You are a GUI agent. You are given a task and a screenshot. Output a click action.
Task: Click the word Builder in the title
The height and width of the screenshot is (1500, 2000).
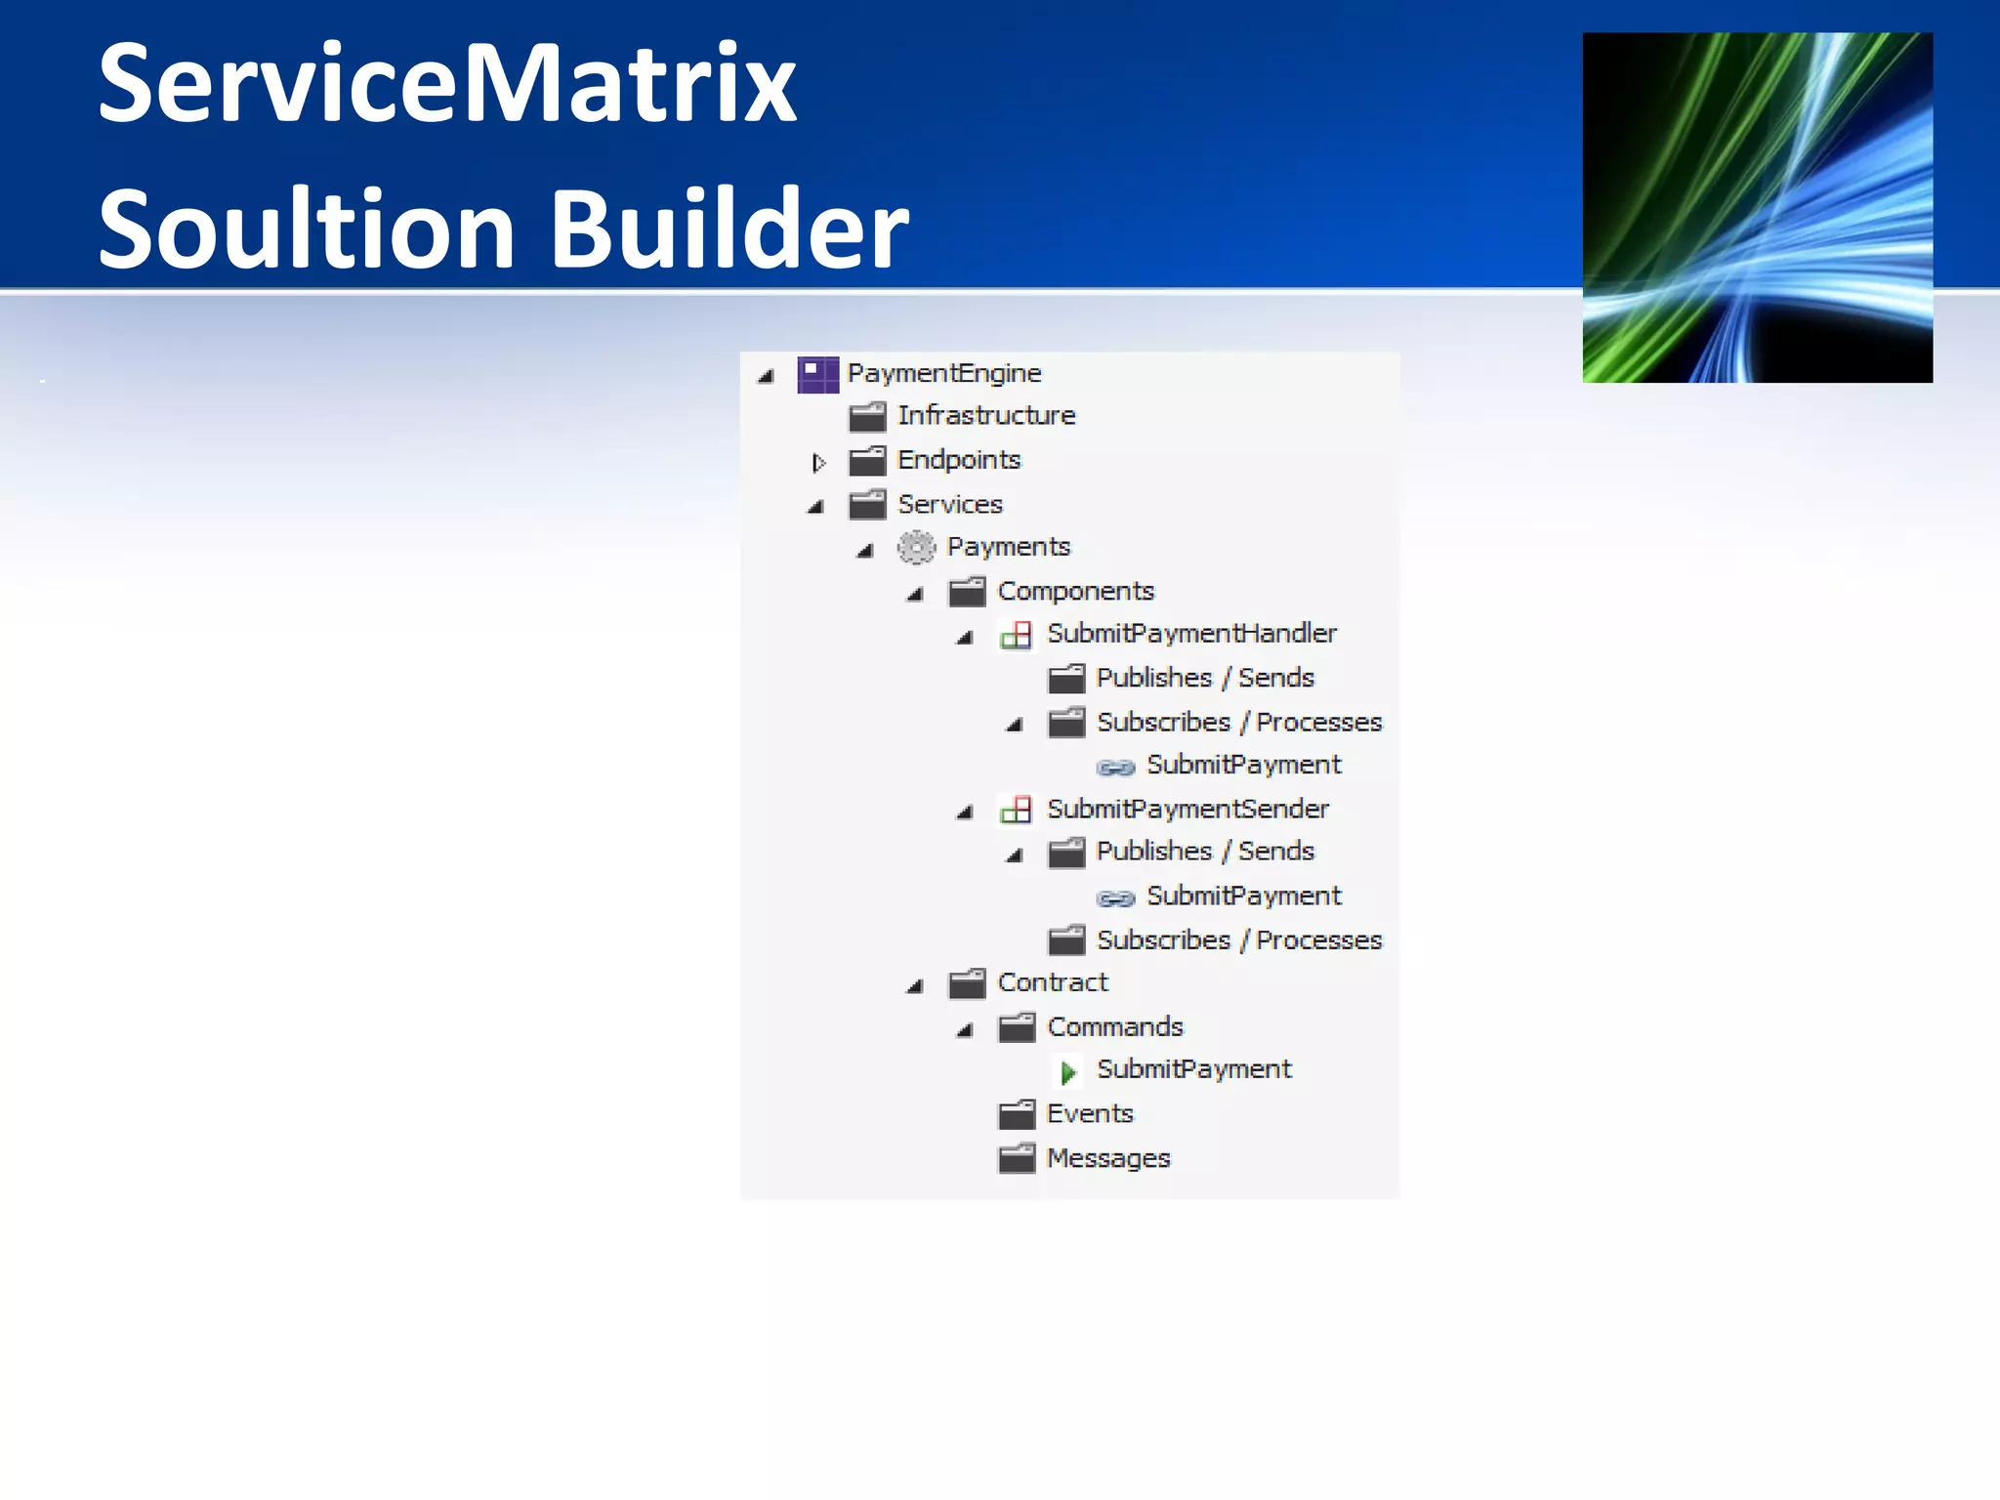click(729, 229)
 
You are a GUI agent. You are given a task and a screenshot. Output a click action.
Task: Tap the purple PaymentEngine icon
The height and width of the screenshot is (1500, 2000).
click(817, 374)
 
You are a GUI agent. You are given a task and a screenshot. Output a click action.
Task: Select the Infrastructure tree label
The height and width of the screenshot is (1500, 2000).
click(986, 416)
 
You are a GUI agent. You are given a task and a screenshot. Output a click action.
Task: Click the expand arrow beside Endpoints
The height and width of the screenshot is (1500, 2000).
click(818, 462)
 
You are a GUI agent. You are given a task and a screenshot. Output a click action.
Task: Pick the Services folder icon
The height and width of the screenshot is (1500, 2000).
click(867, 505)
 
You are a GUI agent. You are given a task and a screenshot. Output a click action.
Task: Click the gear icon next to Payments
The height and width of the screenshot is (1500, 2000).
click(916, 547)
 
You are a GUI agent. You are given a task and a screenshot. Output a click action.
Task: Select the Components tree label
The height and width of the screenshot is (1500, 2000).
click(1075, 591)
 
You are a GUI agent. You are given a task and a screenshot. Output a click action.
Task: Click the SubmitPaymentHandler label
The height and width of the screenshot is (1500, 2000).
click(1191, 634)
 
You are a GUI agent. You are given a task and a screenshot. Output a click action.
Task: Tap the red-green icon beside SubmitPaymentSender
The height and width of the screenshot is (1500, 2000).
click(1016, 810)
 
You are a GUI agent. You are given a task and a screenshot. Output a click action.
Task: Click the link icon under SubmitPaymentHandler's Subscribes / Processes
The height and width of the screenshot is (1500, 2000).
click(1115, 767)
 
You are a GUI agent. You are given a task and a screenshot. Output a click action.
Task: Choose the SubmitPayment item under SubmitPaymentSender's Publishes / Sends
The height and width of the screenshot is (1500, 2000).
click(1243, 896)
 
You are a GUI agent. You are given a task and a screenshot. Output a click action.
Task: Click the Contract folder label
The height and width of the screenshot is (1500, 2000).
click(1053, 982)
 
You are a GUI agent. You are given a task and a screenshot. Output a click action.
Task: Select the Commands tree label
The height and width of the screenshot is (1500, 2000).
click(1114, 1027)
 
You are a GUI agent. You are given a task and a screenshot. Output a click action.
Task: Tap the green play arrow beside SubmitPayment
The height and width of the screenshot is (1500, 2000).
click(1067, 1072)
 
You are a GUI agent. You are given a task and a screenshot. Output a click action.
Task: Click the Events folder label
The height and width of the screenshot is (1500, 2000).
click(1090, 1114)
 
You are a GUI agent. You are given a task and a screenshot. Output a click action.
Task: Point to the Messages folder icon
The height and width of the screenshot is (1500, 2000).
click(1016, 1158)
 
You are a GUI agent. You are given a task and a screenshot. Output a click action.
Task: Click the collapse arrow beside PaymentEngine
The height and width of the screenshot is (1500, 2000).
click(766, 376)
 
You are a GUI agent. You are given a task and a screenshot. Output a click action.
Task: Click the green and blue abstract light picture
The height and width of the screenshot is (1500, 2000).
click(1757, 207)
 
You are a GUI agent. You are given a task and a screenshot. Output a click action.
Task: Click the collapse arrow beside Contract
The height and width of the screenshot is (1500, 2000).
click(915, 986)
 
